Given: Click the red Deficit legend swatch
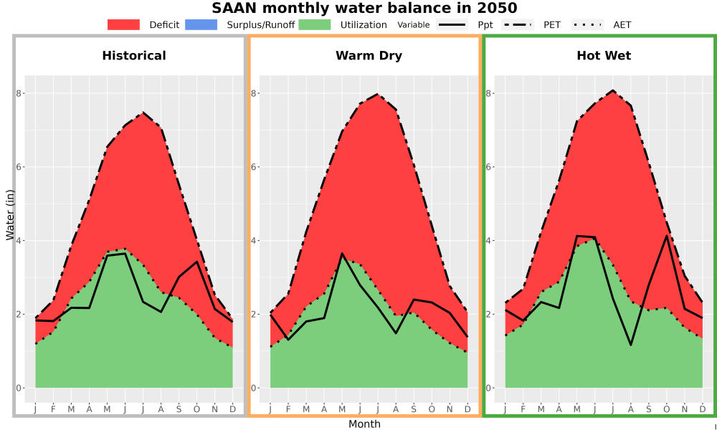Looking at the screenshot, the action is (x=123, y=24).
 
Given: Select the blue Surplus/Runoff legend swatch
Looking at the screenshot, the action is (x=201, y=24).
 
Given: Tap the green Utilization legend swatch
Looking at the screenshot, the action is (x=315, y=24).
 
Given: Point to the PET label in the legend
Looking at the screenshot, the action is (x=552, y=24).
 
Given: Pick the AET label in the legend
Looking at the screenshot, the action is (x=622, y=24).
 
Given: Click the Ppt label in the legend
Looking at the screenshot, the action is (x=485, y=25).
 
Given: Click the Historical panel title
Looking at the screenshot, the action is (x=134, y=56).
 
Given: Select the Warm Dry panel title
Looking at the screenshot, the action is (x=369, y=56).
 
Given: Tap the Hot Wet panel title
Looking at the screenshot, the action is (x=604, y=56).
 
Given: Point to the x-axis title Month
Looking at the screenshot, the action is (x=364, y=424).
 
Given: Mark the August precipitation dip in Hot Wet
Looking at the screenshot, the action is (x=631, y=345).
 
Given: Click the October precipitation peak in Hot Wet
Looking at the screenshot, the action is (x=666, y=236).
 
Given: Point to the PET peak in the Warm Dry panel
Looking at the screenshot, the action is (x=378, y=94).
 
